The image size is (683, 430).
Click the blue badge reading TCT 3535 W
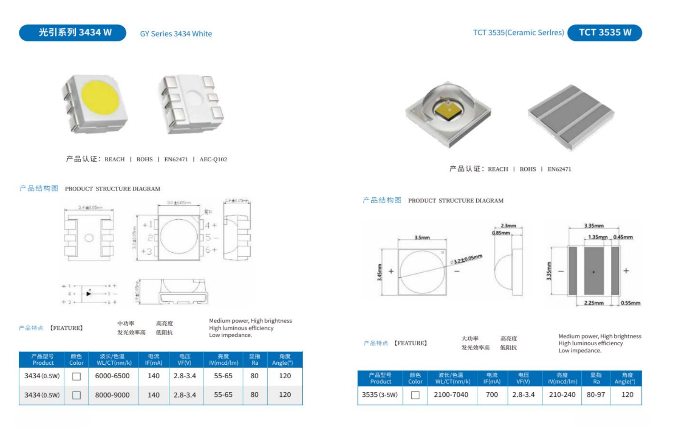[605, 33]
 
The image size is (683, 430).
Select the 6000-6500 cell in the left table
[112, 376]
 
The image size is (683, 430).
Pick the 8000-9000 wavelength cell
[112, 395]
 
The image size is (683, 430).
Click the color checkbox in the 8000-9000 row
[76, 395]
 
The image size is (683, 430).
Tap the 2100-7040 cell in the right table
[451, 395]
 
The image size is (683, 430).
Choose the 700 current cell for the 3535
[492, 395]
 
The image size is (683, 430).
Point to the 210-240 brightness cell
[562, 395]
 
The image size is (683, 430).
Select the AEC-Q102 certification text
[213, 160]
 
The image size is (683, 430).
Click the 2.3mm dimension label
[508, 226]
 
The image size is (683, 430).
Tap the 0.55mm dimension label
[631, 303]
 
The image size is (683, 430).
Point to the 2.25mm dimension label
[594, 303]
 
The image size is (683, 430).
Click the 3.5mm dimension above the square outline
[422, 238]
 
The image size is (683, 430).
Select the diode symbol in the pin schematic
[89, 293]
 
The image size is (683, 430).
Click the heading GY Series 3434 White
[176, 34]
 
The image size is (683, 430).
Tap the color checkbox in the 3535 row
[415, 395]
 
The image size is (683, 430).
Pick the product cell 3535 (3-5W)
[380, 395]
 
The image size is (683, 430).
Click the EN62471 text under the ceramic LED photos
[559, 169]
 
